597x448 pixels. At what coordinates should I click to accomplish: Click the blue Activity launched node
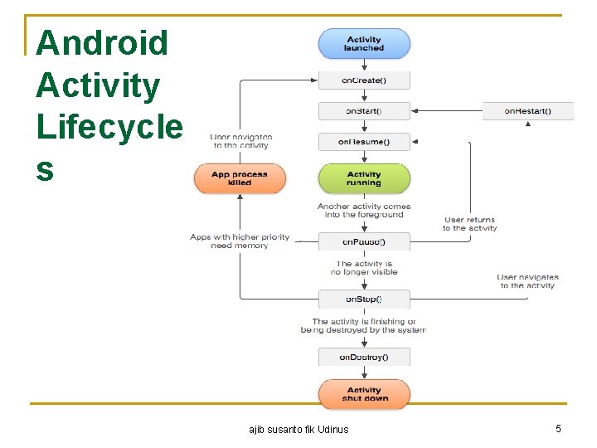[x=364, y=44]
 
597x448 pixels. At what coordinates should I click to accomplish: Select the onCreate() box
[x=364, y=80]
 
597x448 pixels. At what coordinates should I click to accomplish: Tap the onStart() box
[x=364, y=111]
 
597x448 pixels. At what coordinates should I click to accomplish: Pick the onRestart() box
[x=528, y=111]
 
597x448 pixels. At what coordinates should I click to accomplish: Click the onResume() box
[x=364, y=142]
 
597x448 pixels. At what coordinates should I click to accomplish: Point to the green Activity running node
[x=364, y=178]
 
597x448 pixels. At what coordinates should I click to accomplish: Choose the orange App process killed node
[x=240, y=178]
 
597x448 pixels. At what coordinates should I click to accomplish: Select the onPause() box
[x=364, y=241]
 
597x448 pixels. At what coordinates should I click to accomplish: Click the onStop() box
[x=364, y=299]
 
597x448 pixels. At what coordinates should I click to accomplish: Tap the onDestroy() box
[x=364, y=358]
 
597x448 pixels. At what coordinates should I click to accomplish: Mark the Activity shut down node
[x=364, y=394]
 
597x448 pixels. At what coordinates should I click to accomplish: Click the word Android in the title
[x=102, y=43]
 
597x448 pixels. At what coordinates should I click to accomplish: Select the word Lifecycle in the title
[x=109, y=127]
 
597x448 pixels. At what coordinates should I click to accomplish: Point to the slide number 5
[x=558, y=428]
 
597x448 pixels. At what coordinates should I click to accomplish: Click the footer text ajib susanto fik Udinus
[x=298, y=429]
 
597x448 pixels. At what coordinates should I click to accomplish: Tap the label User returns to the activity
[x=470, y=224]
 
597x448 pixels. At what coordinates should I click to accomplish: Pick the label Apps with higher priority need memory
[x=240, y=241]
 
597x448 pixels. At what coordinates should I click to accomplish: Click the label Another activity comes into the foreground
[x=364, y=210]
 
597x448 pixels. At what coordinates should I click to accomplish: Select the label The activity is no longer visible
[x=364, y=267]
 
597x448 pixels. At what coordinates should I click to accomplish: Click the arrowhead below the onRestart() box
[x=528, y=124]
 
